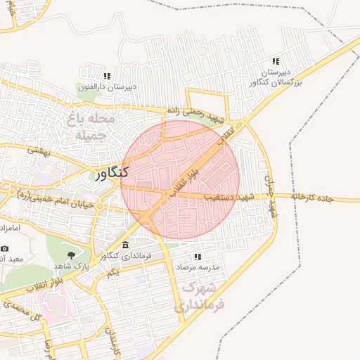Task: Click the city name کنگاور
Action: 111,172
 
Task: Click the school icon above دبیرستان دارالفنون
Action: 107,76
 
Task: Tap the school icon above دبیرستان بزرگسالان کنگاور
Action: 276,62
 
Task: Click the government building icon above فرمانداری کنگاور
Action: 125,245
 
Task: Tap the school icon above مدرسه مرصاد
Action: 198,257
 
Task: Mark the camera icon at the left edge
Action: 5,248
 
